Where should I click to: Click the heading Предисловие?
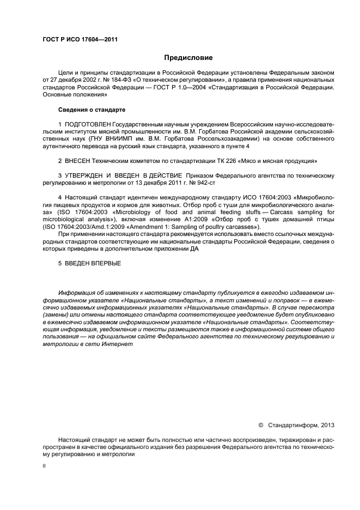tap(189, 57)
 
